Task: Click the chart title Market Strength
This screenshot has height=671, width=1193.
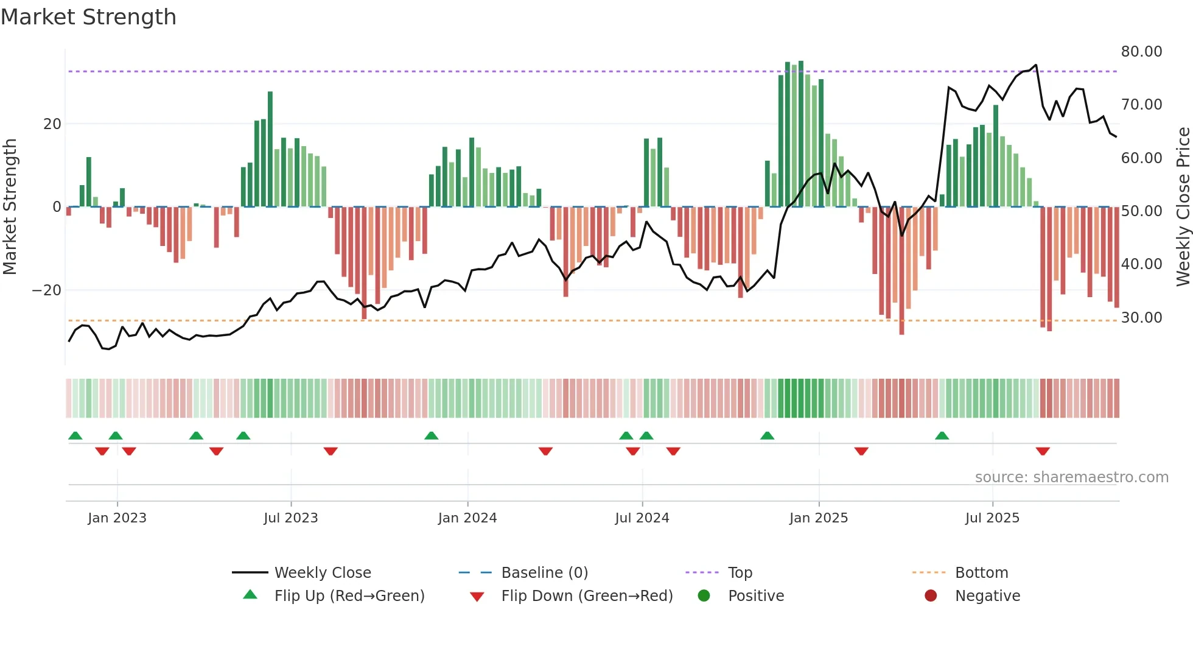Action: [x=88, y=17]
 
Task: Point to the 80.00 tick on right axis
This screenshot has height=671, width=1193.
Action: [x=1141, y=52]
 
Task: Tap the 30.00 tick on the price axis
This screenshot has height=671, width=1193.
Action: [x=1141, y=317]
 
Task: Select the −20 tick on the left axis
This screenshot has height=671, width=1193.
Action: [x=47, y=290]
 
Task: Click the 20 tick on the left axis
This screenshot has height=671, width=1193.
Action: [x=52, y=124]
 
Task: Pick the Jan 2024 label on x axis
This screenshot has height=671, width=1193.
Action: [x=467, y=518]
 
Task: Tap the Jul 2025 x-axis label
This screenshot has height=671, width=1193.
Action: [x=992, y=518]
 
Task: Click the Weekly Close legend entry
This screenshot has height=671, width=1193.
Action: [x=322, y=573]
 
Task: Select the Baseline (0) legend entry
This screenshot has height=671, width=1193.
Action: [x=544, y=573]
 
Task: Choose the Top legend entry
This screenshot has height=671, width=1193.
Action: [x=740, y=573]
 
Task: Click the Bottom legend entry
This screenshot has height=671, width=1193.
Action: [x=981, y=573]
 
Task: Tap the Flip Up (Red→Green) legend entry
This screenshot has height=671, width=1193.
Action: [x=349, y=596]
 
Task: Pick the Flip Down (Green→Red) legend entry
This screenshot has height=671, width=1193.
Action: [x=587, y=596]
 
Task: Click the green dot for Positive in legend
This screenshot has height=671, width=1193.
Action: [x=704, y=596]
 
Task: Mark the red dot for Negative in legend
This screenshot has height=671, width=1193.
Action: [x=931, y=596]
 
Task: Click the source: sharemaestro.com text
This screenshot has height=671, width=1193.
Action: [x=1071, y=477]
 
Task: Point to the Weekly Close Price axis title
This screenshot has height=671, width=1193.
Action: [x=1183, y=207]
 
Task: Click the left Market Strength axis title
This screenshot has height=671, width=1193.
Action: [x=10, y=207]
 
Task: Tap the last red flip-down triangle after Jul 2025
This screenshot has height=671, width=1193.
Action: [x=1043, y=451]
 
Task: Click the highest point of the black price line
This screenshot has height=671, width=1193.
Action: [x=1036, y=65]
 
